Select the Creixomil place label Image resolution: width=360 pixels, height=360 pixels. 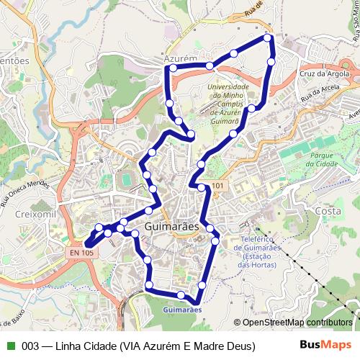[x=20, y=216]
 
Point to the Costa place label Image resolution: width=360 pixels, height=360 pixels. [x=328, y=211]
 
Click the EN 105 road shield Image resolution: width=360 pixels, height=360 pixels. [x=82, y=253]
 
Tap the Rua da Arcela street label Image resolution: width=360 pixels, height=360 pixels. [x=321, y=91]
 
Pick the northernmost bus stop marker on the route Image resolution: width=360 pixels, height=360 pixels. [x=269, y=37]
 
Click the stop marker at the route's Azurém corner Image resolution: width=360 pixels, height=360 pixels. [x=173, y=68]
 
